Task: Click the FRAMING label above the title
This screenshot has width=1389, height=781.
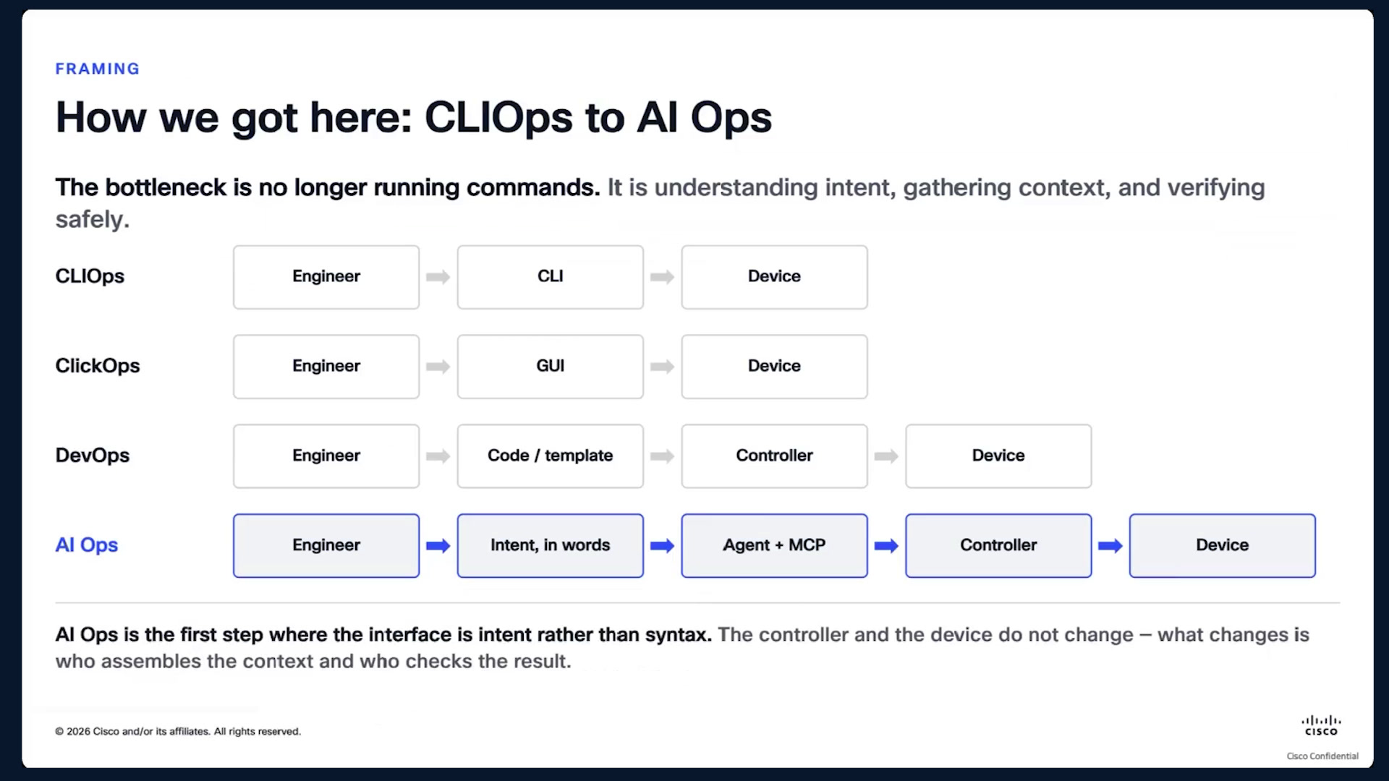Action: click(98, 69)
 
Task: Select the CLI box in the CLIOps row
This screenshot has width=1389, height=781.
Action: click(550, 277)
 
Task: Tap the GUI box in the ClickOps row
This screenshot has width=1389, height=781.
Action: click(550, 367)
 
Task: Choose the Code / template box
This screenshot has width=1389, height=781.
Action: click(550, 456)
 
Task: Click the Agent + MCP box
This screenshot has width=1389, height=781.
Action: click(774, 546)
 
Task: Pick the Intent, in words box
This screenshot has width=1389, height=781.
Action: click(550, 546)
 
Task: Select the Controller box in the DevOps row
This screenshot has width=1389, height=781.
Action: click(774, 456)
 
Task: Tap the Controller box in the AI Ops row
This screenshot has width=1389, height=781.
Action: click(998, 546)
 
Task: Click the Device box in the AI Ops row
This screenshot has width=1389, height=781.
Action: click(1223, 546)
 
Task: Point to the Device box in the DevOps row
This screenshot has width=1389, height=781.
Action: click(998, 456)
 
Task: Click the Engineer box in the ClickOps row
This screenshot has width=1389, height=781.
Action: click(326, 367)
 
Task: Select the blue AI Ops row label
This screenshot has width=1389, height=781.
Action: click(87, 545)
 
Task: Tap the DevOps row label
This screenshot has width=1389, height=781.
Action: click(93, 456)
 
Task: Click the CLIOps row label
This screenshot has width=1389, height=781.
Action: click(90, 276)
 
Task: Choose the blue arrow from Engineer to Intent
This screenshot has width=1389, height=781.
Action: click(438, 546)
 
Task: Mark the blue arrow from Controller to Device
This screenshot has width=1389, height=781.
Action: click(1110, 546)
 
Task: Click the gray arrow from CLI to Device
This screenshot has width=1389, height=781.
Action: click(663, 277)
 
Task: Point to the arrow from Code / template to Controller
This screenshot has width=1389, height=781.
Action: click(663, 456)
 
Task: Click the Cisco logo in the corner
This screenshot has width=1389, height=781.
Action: click(1321, 725)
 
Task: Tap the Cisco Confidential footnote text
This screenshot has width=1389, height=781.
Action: click(1322, 756)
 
